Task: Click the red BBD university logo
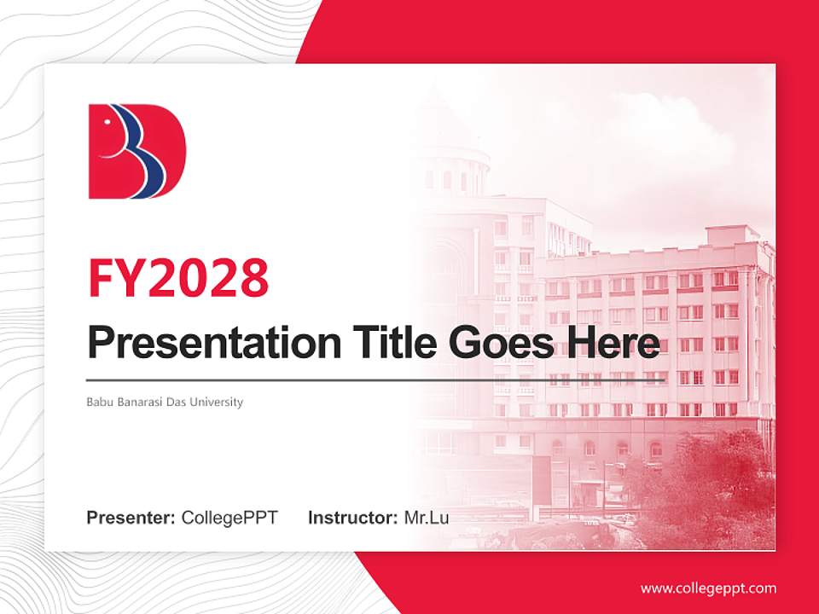[x=136, y=152]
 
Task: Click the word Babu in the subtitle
[x=99, y=402]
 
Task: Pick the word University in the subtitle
[x=217, y=402]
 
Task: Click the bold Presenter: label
[x=131, y=518]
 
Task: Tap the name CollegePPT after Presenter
[x=229, y=518]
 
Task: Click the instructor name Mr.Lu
[x=427, y=518]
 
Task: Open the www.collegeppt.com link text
[x=708, y=588]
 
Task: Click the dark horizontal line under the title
[x=375, y=380]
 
